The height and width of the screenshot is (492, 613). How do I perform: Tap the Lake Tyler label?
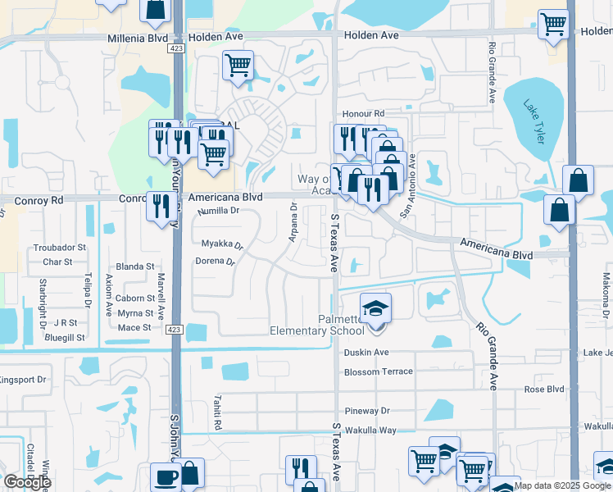[x=534, y=123]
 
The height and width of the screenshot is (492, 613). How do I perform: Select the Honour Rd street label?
[x=363, y=114]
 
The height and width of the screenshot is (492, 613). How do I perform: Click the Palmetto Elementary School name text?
[x=318, y=325]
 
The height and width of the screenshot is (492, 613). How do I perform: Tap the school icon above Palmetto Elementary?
[x=377, y=307]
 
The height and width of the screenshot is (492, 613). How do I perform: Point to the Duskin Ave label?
[x=366, y=352]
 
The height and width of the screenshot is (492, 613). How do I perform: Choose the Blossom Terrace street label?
[x=379, y=371]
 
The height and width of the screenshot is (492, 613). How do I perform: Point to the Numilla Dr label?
[x=218, y=211]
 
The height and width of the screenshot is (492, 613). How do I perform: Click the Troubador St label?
[x=59, y=247]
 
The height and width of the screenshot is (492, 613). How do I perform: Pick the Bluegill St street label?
[x=66, y=337]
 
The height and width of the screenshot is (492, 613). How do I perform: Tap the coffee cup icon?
[x=166, y=477]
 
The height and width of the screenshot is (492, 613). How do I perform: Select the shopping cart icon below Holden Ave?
[x=238, y=65]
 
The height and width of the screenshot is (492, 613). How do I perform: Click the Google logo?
[x=27, y=482]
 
